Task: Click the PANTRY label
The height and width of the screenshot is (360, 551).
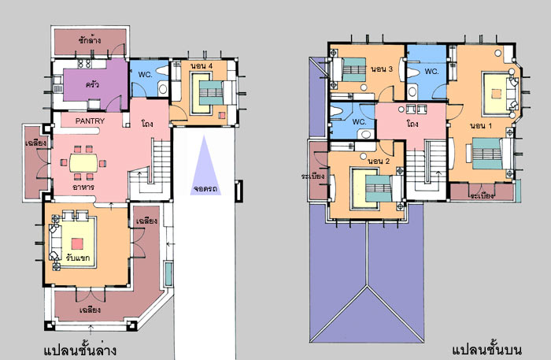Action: (x=90, y=121)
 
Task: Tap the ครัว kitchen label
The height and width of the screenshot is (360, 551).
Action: (x=92, y=84)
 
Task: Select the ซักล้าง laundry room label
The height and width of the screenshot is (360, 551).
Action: (x=90, y=40)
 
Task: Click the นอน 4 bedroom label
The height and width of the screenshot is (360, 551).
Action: (x=202, y=66)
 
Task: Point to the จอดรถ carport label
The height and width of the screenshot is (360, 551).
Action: (x=205, y=189)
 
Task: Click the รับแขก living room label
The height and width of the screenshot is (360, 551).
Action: (x=78, y=258)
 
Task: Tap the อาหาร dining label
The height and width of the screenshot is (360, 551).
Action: (x=83, y=187)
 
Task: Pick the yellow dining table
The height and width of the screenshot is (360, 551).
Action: (x=83, y=163)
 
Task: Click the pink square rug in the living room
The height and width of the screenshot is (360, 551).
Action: (x=77, y=243)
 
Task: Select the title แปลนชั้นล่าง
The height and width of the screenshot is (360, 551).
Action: (x=80, y=351)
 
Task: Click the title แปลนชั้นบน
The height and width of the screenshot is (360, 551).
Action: (x=486, y=350)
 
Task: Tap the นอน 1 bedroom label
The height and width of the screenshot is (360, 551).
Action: (x=481, y=126)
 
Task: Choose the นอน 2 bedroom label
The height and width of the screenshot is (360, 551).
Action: (x=379, y=161)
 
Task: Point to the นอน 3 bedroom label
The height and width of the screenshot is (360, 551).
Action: (x=382, y=69)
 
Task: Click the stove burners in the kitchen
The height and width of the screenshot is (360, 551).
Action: (x=84, y=64)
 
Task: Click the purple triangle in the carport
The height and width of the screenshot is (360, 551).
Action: (x=205, y=165)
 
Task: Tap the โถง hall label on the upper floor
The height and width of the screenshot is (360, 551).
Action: (x=412, y=124)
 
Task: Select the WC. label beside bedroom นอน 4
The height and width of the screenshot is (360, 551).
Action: (x=146, y=75)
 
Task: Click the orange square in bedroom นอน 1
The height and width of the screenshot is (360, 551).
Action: (x=496, y=94)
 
